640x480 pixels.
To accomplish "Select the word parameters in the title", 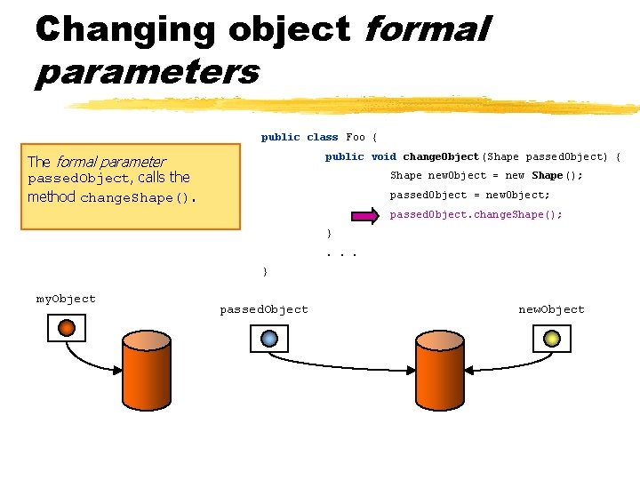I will click(x=147, y=72).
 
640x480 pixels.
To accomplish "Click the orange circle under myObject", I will click(x=66, y=328).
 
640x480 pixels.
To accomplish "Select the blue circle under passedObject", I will click(x=269, y=338).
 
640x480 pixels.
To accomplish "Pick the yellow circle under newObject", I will click(x=551, y=338).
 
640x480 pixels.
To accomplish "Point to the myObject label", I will click(x=66, y=299).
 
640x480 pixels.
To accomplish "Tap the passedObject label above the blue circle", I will click(x=264, y=309).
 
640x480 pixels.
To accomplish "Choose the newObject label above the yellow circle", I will click(x=551, y=309).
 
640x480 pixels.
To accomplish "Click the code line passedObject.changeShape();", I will click(x=476, y=214).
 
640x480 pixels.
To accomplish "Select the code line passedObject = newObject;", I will click(x=469, y=195).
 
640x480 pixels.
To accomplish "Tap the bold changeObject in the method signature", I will click(x=441, y=156).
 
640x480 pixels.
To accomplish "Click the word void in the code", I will click(x=384, y=156).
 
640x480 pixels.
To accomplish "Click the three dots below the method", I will click(x=341, y=253).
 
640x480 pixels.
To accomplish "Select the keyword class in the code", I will click(x=323, y=137).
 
